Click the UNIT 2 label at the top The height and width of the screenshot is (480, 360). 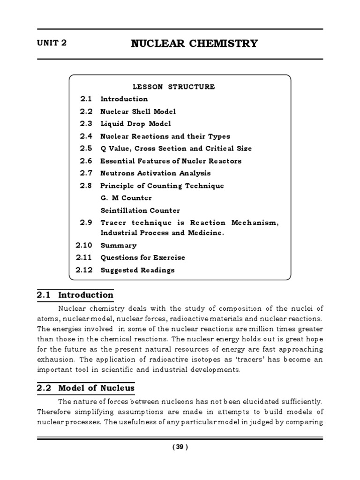(x=52, y=43)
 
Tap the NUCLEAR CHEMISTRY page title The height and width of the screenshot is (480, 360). (x=194, y=44)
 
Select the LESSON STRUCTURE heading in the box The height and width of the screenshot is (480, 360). (x=173, y=87)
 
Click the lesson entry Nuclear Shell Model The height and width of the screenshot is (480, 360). (x=138, y=112)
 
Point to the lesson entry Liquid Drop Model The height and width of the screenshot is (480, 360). (x=135, y=124)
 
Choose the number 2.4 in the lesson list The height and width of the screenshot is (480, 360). (x=87, y=136)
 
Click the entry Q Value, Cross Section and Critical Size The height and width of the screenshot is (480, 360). (x=176, y=149)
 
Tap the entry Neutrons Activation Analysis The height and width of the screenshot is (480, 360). (x=156, y=173)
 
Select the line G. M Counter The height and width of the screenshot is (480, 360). (x=126, y=198)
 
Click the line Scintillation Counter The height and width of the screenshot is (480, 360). (x=140, y=210)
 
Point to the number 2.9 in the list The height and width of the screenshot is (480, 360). (x=87, y=223)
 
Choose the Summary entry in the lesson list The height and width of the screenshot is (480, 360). (x=118, y=245)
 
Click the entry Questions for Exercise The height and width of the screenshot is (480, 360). (x=142, y=257)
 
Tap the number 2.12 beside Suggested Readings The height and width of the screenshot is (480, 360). (x=84, y=270)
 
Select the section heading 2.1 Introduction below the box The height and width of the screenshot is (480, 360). (x=75, y=295)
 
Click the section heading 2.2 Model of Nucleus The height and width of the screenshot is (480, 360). (x=85, y=388)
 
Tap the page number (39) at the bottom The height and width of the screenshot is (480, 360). (x=180, y=447)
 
